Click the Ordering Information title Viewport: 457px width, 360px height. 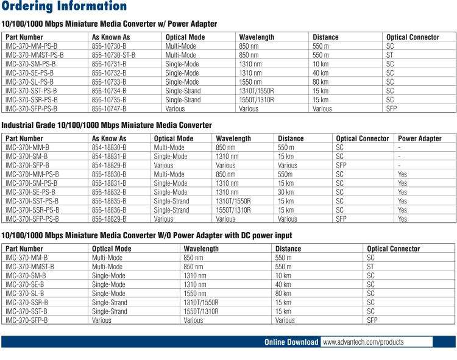[64, 7]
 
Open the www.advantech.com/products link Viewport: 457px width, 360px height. [363, 342]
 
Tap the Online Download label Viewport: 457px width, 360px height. [291, 342]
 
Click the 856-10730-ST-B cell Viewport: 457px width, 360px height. [113, 55]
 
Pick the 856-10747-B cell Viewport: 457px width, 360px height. [108, 109]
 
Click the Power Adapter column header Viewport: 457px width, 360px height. [420, 138]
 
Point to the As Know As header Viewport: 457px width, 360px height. [109, 138]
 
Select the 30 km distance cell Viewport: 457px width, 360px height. [286, 192]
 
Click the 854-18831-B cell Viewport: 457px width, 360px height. [109, 156]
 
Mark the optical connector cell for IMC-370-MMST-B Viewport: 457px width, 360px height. [370, 266]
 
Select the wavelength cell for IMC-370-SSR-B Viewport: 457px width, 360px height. [201, 302]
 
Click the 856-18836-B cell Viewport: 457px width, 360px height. [109, 210]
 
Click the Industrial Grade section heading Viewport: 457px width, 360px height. [107, 125]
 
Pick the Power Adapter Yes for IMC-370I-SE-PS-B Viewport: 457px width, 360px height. [402, 192]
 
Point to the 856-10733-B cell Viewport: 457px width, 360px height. [108, 82]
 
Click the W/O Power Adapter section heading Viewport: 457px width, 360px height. [147, 235]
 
